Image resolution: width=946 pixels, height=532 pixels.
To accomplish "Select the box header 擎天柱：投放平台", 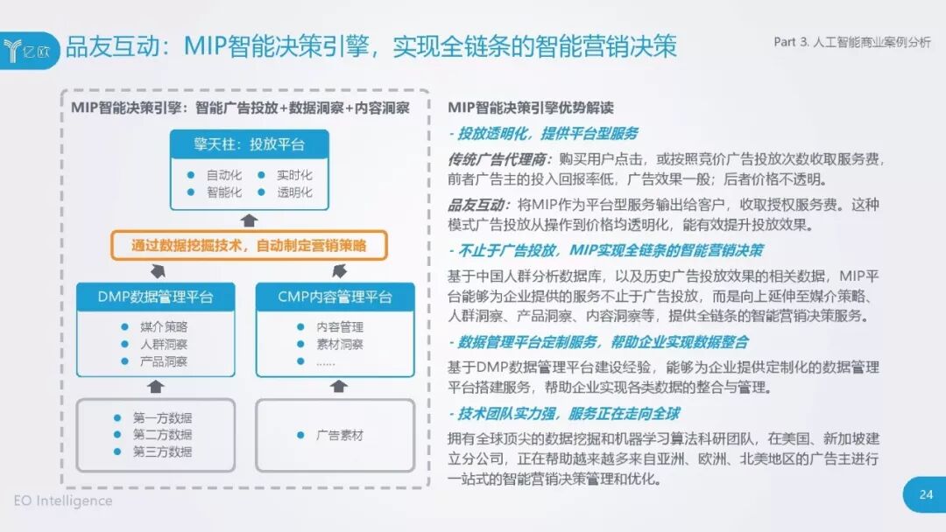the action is pos(249,143).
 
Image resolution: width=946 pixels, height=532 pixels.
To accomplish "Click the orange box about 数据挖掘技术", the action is pos(249,246).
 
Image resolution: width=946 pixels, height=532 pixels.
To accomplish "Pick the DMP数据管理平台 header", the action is pos(155,297).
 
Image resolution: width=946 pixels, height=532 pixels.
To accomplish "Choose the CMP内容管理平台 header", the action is pos(335,297).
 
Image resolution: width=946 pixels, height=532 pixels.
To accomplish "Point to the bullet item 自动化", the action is pos(223,175).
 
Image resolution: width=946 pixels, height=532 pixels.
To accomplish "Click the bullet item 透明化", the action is pos(294,192).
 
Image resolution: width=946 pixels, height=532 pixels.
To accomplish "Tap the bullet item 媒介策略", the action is pos(163,326).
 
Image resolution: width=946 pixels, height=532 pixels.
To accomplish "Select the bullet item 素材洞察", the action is pos(340,344).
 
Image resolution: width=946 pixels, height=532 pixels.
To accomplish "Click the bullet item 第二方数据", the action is pos(162,435).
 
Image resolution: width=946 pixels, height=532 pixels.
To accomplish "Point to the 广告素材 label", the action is pos(339,435).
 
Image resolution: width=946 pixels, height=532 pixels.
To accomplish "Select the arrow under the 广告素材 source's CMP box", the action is pos(335,385).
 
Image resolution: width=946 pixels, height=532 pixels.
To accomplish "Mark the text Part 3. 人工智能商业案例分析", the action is pos(852,42).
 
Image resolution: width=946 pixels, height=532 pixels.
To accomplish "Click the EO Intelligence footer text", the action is pos(63,500).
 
